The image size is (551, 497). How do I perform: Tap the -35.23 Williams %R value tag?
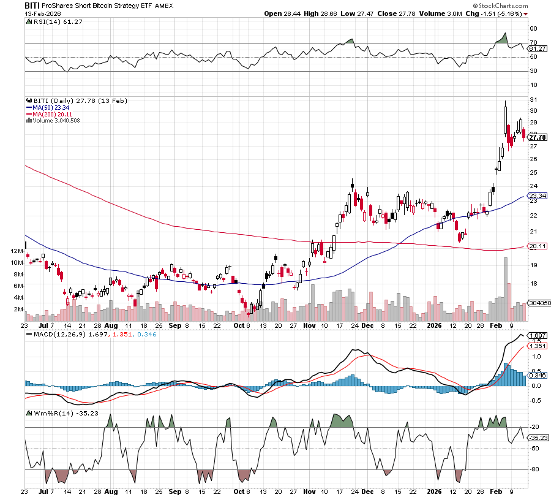(538, 438)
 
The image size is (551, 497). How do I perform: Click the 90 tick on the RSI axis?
(534, 28)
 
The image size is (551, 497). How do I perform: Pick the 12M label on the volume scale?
(18, 251)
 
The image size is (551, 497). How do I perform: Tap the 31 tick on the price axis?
(534, 99)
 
